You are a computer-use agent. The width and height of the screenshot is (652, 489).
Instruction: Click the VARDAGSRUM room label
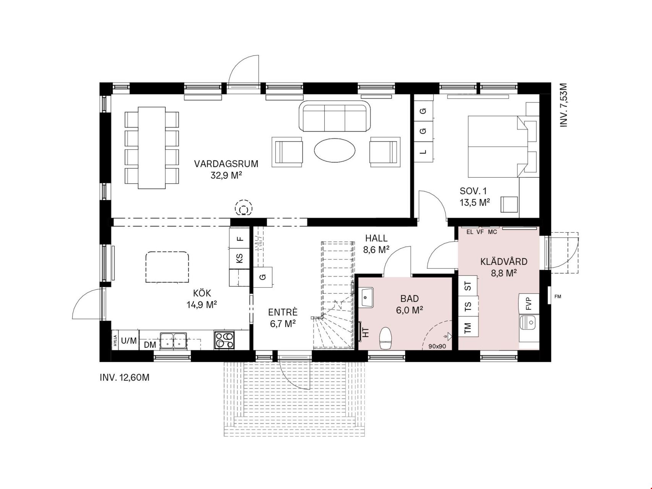click(226, 164)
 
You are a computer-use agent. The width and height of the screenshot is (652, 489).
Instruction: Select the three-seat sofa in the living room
click(335, 116)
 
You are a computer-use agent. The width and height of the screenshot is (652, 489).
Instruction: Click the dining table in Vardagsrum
click(152, 148)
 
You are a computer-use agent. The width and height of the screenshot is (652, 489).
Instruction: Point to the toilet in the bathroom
click(385, 338)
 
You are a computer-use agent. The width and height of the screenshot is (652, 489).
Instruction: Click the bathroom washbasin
click(367, 297)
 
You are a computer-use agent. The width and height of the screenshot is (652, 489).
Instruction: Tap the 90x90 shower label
click(437, 347)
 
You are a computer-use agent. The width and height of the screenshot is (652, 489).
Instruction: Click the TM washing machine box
click(468, 327)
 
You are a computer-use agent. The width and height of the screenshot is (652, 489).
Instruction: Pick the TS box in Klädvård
click(468, 306)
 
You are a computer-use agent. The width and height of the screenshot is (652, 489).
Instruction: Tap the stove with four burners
click(224, 340)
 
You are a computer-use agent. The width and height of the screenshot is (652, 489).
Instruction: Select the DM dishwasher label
click(150, 345)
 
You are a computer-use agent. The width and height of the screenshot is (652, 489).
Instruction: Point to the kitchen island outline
click(167, 267)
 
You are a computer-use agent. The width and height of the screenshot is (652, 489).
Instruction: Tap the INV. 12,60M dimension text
click(125, 378)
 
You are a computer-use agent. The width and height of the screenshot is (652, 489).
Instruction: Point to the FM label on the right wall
click(558, 296)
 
